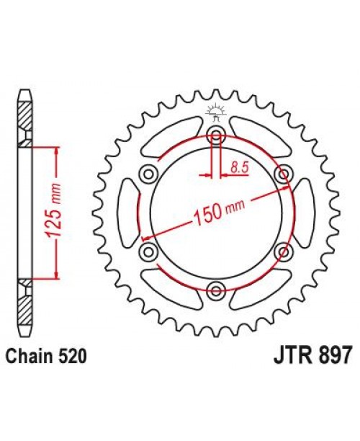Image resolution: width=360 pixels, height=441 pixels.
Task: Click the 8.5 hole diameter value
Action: pos(240,167)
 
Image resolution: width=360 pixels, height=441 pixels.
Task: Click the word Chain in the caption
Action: pos(30,355)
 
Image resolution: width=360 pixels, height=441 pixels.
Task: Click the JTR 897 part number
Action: pos(312,355)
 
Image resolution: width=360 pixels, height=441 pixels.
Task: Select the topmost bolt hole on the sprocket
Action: pos(216,134)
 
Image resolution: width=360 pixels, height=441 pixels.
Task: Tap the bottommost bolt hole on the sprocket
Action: pos(216,290)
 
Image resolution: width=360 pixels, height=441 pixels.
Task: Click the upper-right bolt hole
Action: pos(284,173)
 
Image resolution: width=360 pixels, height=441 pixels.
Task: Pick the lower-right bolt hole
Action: pos(284,251)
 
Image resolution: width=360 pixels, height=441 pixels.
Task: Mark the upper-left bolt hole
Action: pos(148,173)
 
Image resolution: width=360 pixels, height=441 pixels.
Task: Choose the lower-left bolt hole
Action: pos(148,251)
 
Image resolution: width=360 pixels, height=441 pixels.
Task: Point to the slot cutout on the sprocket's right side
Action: pos(302,213)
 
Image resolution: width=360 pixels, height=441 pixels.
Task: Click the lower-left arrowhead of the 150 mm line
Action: pos(146,238)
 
